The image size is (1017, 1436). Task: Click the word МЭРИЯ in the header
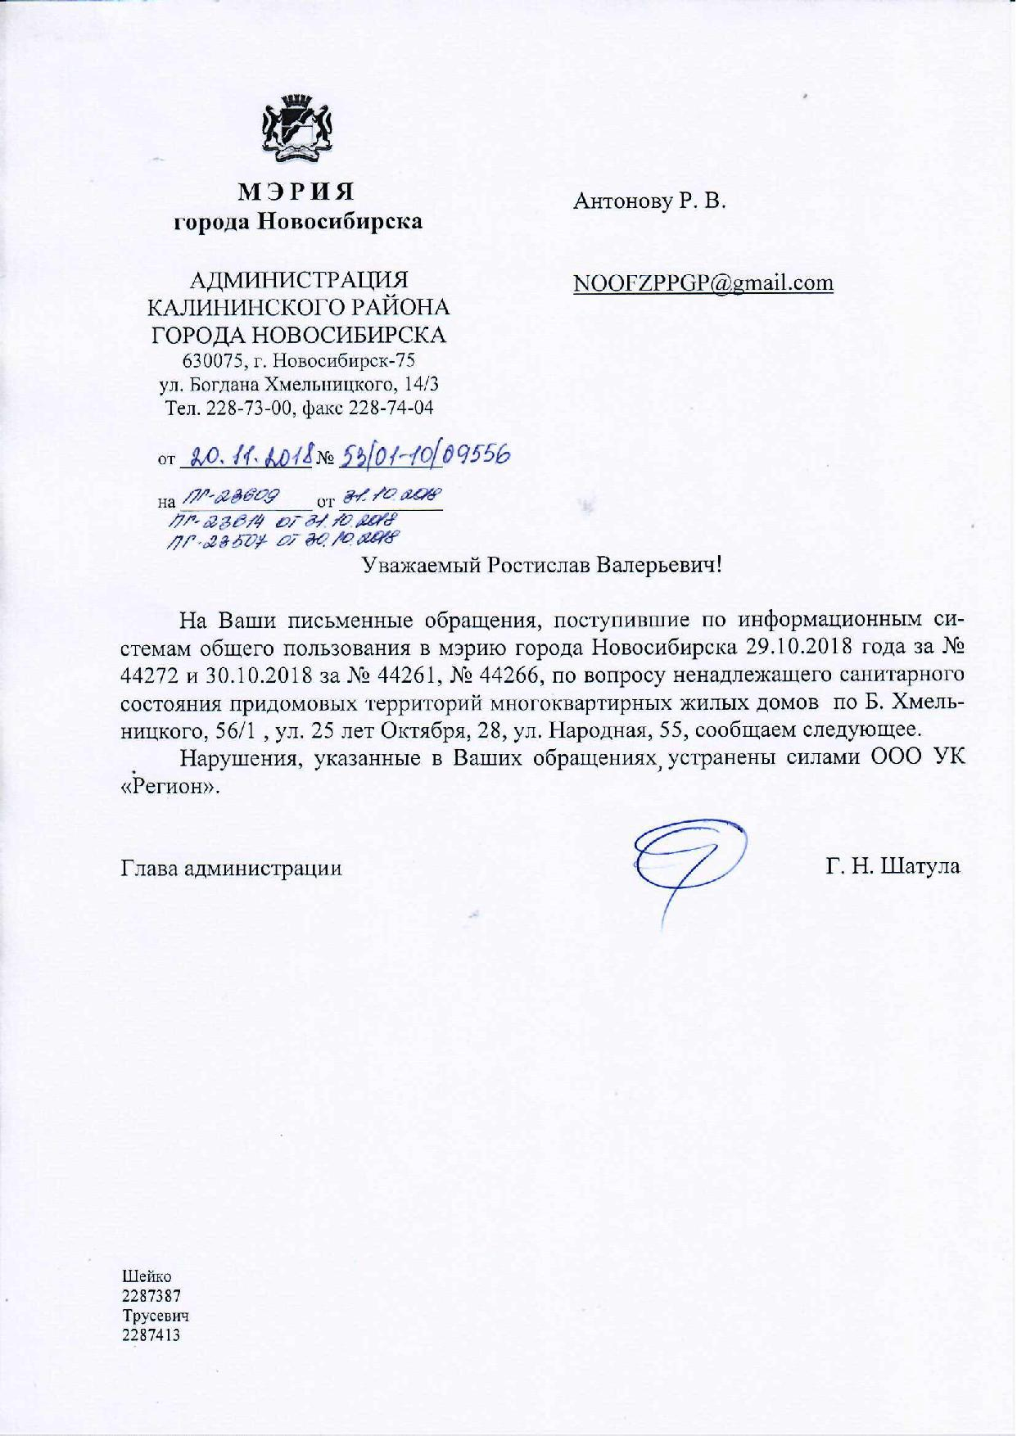click(296, 192)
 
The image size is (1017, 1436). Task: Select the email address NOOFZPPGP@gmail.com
click(703, 283)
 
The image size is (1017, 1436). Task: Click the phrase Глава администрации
click(232, 868)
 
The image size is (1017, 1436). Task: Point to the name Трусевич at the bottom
click(156, 1316)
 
